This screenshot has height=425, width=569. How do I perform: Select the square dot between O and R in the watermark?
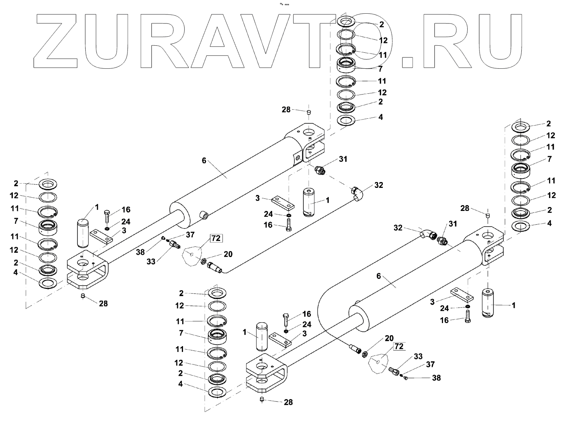(408, 61)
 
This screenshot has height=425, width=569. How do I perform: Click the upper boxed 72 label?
(215, 238)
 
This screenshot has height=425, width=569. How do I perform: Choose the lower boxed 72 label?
(398, 346)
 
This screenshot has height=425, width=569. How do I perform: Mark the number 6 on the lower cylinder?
(378, 276)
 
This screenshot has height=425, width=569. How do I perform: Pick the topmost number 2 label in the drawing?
(382, 24)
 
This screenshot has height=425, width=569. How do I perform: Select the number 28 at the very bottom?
(288, 402)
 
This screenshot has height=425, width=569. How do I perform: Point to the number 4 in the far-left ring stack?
(15, 272)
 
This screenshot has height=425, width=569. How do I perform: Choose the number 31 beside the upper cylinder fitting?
(343, 159)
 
